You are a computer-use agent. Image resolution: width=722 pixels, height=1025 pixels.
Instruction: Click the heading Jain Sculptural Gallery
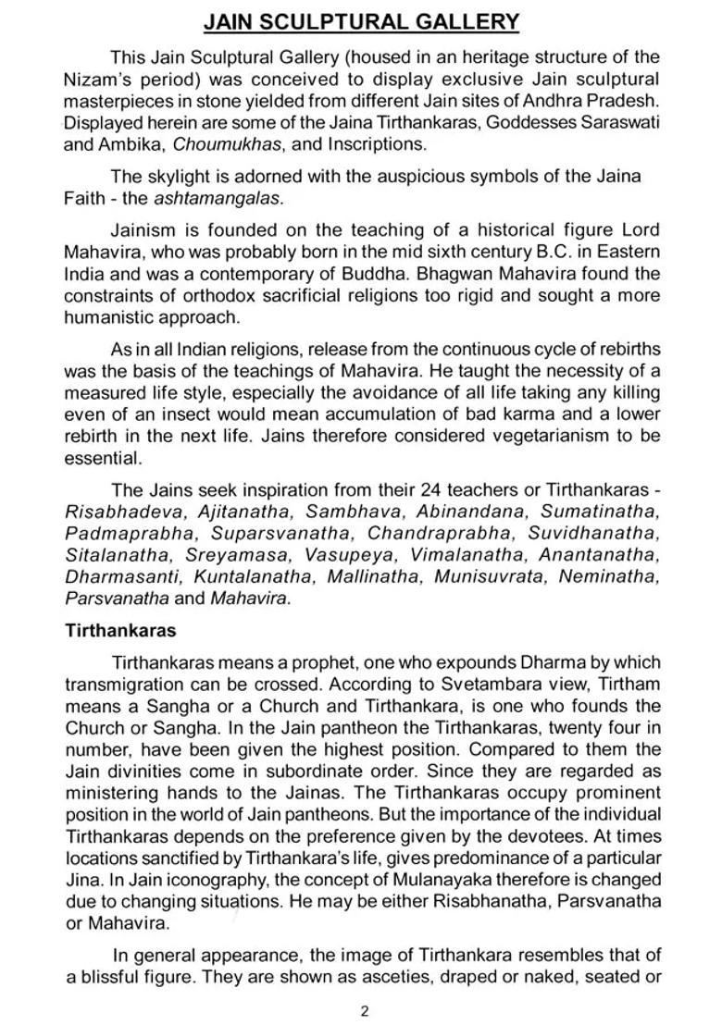pyautogui.click(x=361, y=21)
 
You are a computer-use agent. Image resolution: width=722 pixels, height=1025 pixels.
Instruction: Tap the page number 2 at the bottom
pyautogui.click(x=365, y=1010)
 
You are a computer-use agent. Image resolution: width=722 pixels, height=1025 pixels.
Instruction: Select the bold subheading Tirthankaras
pyautogui.click(x=119, y=631)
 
